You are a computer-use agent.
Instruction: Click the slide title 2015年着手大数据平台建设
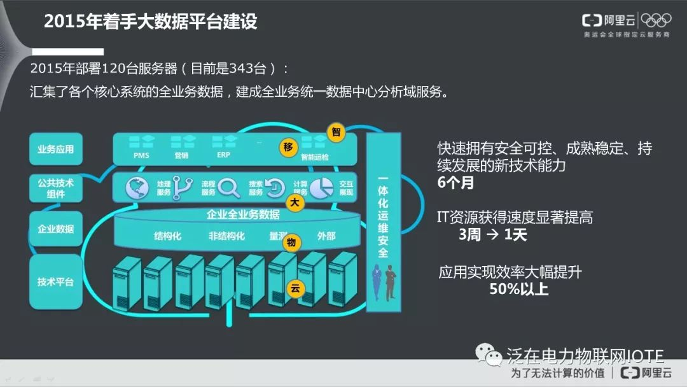click(x=151, y=22)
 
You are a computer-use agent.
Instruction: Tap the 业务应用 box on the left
click(x=56, y=150)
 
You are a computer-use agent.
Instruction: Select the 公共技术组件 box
click(x=56, y=188)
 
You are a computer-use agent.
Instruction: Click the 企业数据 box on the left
click(x=56, y=229)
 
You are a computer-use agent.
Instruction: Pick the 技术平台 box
click(x=56, y=281)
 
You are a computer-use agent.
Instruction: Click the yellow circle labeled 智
click(x=336, y=132)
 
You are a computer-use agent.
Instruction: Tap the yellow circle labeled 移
click(x=288, y=148)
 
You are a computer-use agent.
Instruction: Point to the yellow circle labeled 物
click(x=291, y=243)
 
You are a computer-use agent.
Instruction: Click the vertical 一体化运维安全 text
click(x=383, y=216)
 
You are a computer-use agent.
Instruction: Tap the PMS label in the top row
click(x=142, y=155)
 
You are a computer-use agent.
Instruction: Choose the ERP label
click(x=223, y=155)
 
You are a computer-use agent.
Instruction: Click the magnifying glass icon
click(x=228, y=188)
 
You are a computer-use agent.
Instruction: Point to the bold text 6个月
click(x=455, y=183)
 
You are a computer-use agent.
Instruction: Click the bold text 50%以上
click(x=518, y=289)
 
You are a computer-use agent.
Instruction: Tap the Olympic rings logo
click(x=656, y=20)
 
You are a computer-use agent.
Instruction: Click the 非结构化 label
click(x=226, y=236)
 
